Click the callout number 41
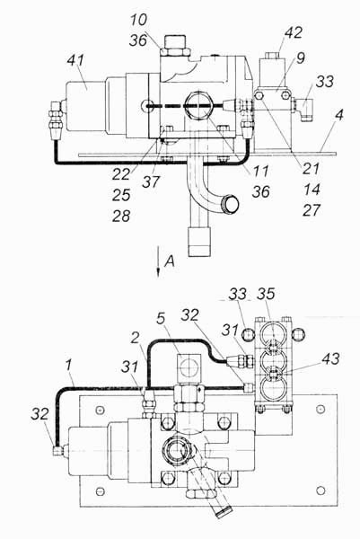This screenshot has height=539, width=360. pyautogui.click(x=75, y=61)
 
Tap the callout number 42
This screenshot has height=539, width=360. pyautogui.click(x=294, y=32)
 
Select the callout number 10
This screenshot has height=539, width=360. pyautogui.click(x=139, y=20)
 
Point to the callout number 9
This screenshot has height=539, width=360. pyautogui.click(x=301, y=58)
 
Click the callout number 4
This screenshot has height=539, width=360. pyautogui.click(x=339, y=115)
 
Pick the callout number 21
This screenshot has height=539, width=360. pyautogui.click(x=311, y=169)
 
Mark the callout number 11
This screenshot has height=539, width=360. pyautogui.click(x=260, y=171)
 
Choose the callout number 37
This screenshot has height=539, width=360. pyautogui.click(x=151, y=181)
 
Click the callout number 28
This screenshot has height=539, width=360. pyautogui.click(x=121, y=216)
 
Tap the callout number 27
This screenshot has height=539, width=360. pyautogui.click(x=312, y=210)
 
